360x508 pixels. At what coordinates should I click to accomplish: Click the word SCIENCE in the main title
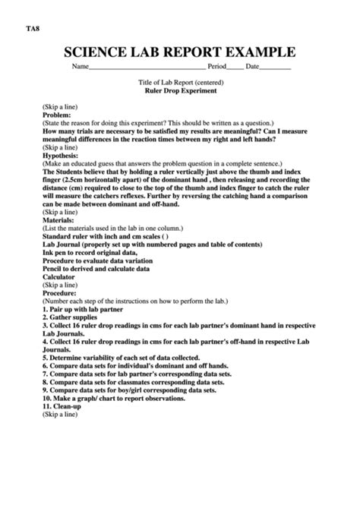[95, 52]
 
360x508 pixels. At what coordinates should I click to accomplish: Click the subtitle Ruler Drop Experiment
[180, 90]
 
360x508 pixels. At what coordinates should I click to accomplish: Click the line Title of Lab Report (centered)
[180, 81]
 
